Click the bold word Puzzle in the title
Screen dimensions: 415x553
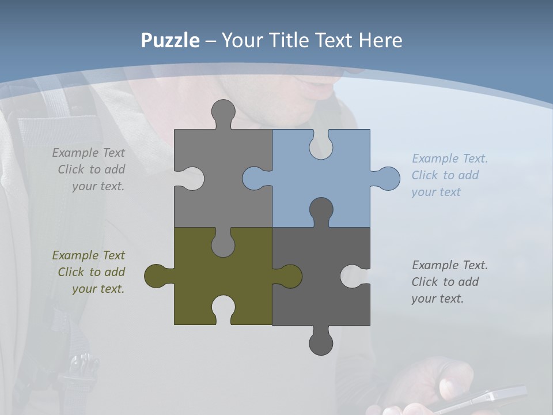pyautogui.click(x=171, y=40)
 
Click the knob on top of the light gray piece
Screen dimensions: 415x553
pyautogui.click(x=223, y=112)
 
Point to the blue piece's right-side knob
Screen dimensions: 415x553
pyautogui.click(x=387, y=179)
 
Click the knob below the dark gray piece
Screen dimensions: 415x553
pyautogui.click(x=321, y=342)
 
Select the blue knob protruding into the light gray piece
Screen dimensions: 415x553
pyautogui.click(x=254, y=179)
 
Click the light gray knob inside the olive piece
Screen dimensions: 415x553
pyautogui.click(x=223, y=244)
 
